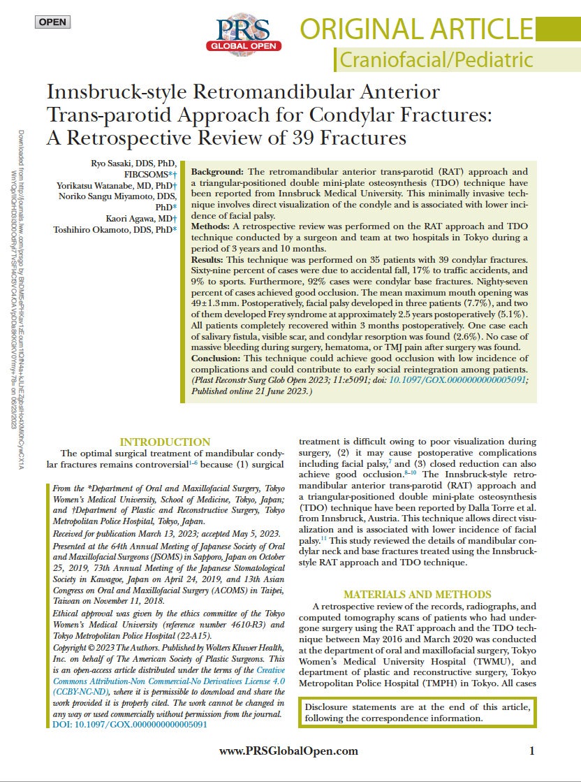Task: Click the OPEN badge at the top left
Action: pos(52,22)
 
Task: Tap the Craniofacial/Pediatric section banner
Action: pos(436,60)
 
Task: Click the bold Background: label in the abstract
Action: pos(217,171)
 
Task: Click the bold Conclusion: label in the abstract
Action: pos(219,359)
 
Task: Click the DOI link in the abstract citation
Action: pos(458,379)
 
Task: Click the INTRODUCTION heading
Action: pos(165,442)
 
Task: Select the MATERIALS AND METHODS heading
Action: pos(418,594)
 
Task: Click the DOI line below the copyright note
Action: pos(130,725)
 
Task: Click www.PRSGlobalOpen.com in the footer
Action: pos(288,751)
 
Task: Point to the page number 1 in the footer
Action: pos(531,751)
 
